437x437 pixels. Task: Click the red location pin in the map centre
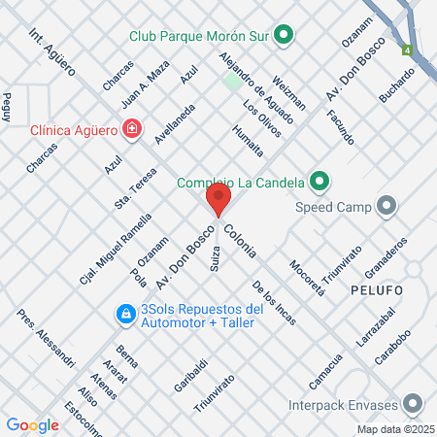click(218, 201)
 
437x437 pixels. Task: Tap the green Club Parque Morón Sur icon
click(284, 37)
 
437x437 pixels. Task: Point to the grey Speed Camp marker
click(387, 205)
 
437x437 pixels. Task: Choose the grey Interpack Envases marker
click(414, 403)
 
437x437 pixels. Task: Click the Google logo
click(32, 424)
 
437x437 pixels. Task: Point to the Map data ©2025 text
click(394, 429)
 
